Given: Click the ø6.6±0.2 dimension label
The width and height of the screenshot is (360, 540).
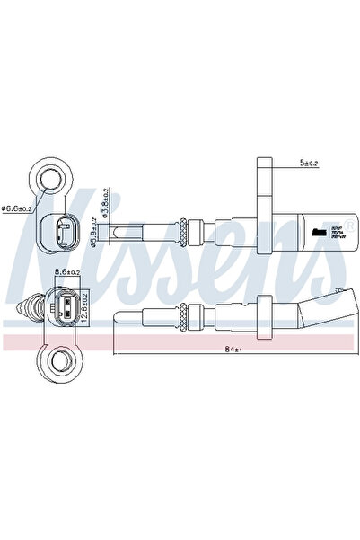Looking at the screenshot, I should [17, 208].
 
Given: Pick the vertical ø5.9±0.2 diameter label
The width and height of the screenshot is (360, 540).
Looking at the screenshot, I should [94, 235].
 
